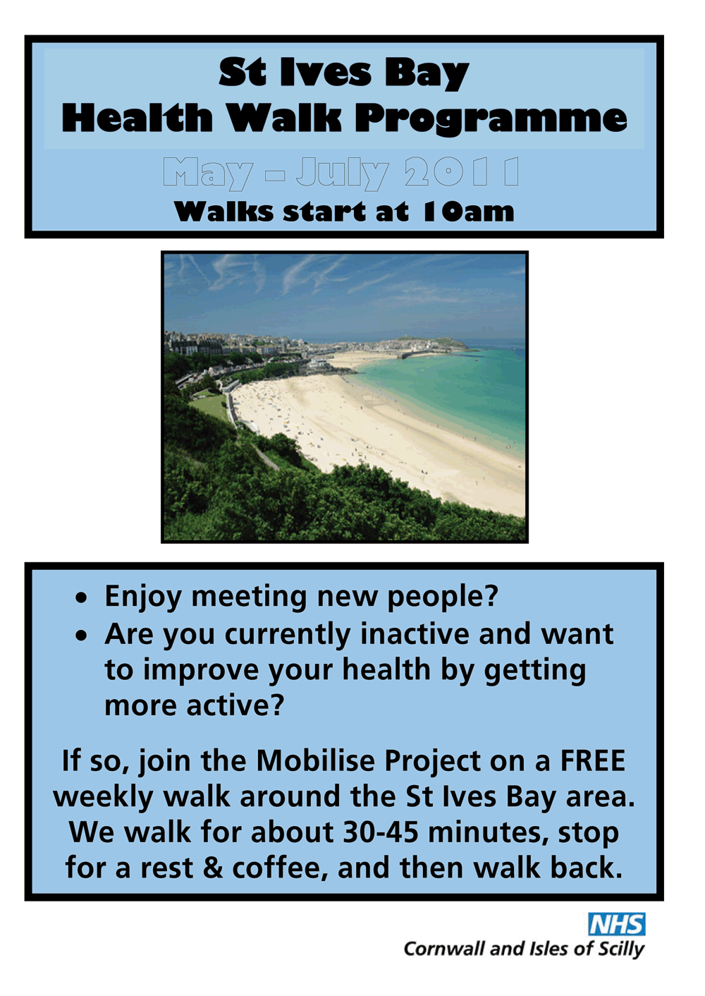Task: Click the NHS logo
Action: pyautogui.click(x=617, y=925)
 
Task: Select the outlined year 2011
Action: pyautogui.click(x=461, y=171)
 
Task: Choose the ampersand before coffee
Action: pyautogui.click(x=213, y=868)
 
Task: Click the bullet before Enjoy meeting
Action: pyautogui.click(x=81, y=599)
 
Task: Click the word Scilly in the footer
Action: pyautogui.click(x=621, y=949)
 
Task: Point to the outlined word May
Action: pyautogui.click(x=208, y=174)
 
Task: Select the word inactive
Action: pyautogui.click(x=415, y=633)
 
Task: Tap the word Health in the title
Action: pyautogui.click(x=137, y=118)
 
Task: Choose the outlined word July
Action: pyautogui.click(x=342, y=174)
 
